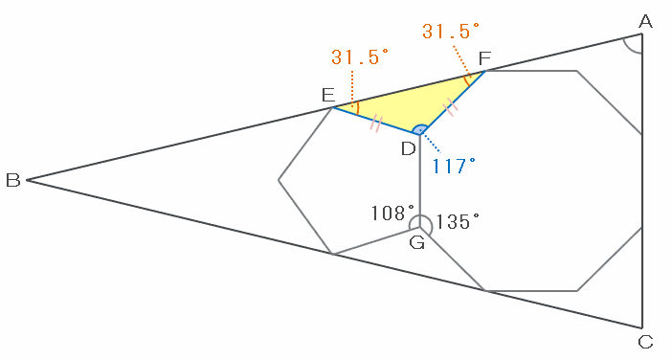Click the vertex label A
point(645,21)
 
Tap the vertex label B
point(12,180)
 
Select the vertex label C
point(645,342)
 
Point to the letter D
point(409,149)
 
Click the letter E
point(328,95)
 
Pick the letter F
point(484,57)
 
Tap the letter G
point(416,242)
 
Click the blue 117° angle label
point(454,166)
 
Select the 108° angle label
point(392,213)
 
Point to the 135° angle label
point(458,222)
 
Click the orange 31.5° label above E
point(360,56)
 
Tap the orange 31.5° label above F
point(451,32)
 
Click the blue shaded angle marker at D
point(420,129)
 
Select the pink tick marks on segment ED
point(375,124)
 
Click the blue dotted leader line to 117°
point(431,142)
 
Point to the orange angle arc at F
point(466,80)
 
